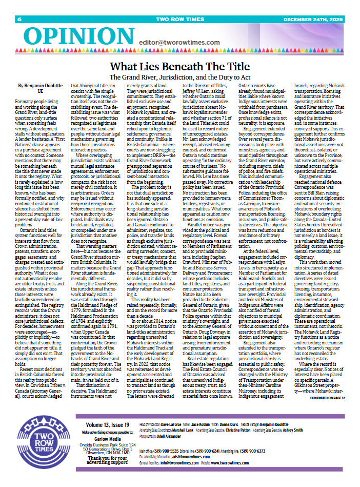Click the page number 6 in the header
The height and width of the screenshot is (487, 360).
pyautogui.click(x=19, y=20)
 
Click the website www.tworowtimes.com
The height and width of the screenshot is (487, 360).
pyautogui.click(x=230, y=462)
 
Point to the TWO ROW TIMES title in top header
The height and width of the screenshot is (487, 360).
pyautogui.click(x=180, y=20)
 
